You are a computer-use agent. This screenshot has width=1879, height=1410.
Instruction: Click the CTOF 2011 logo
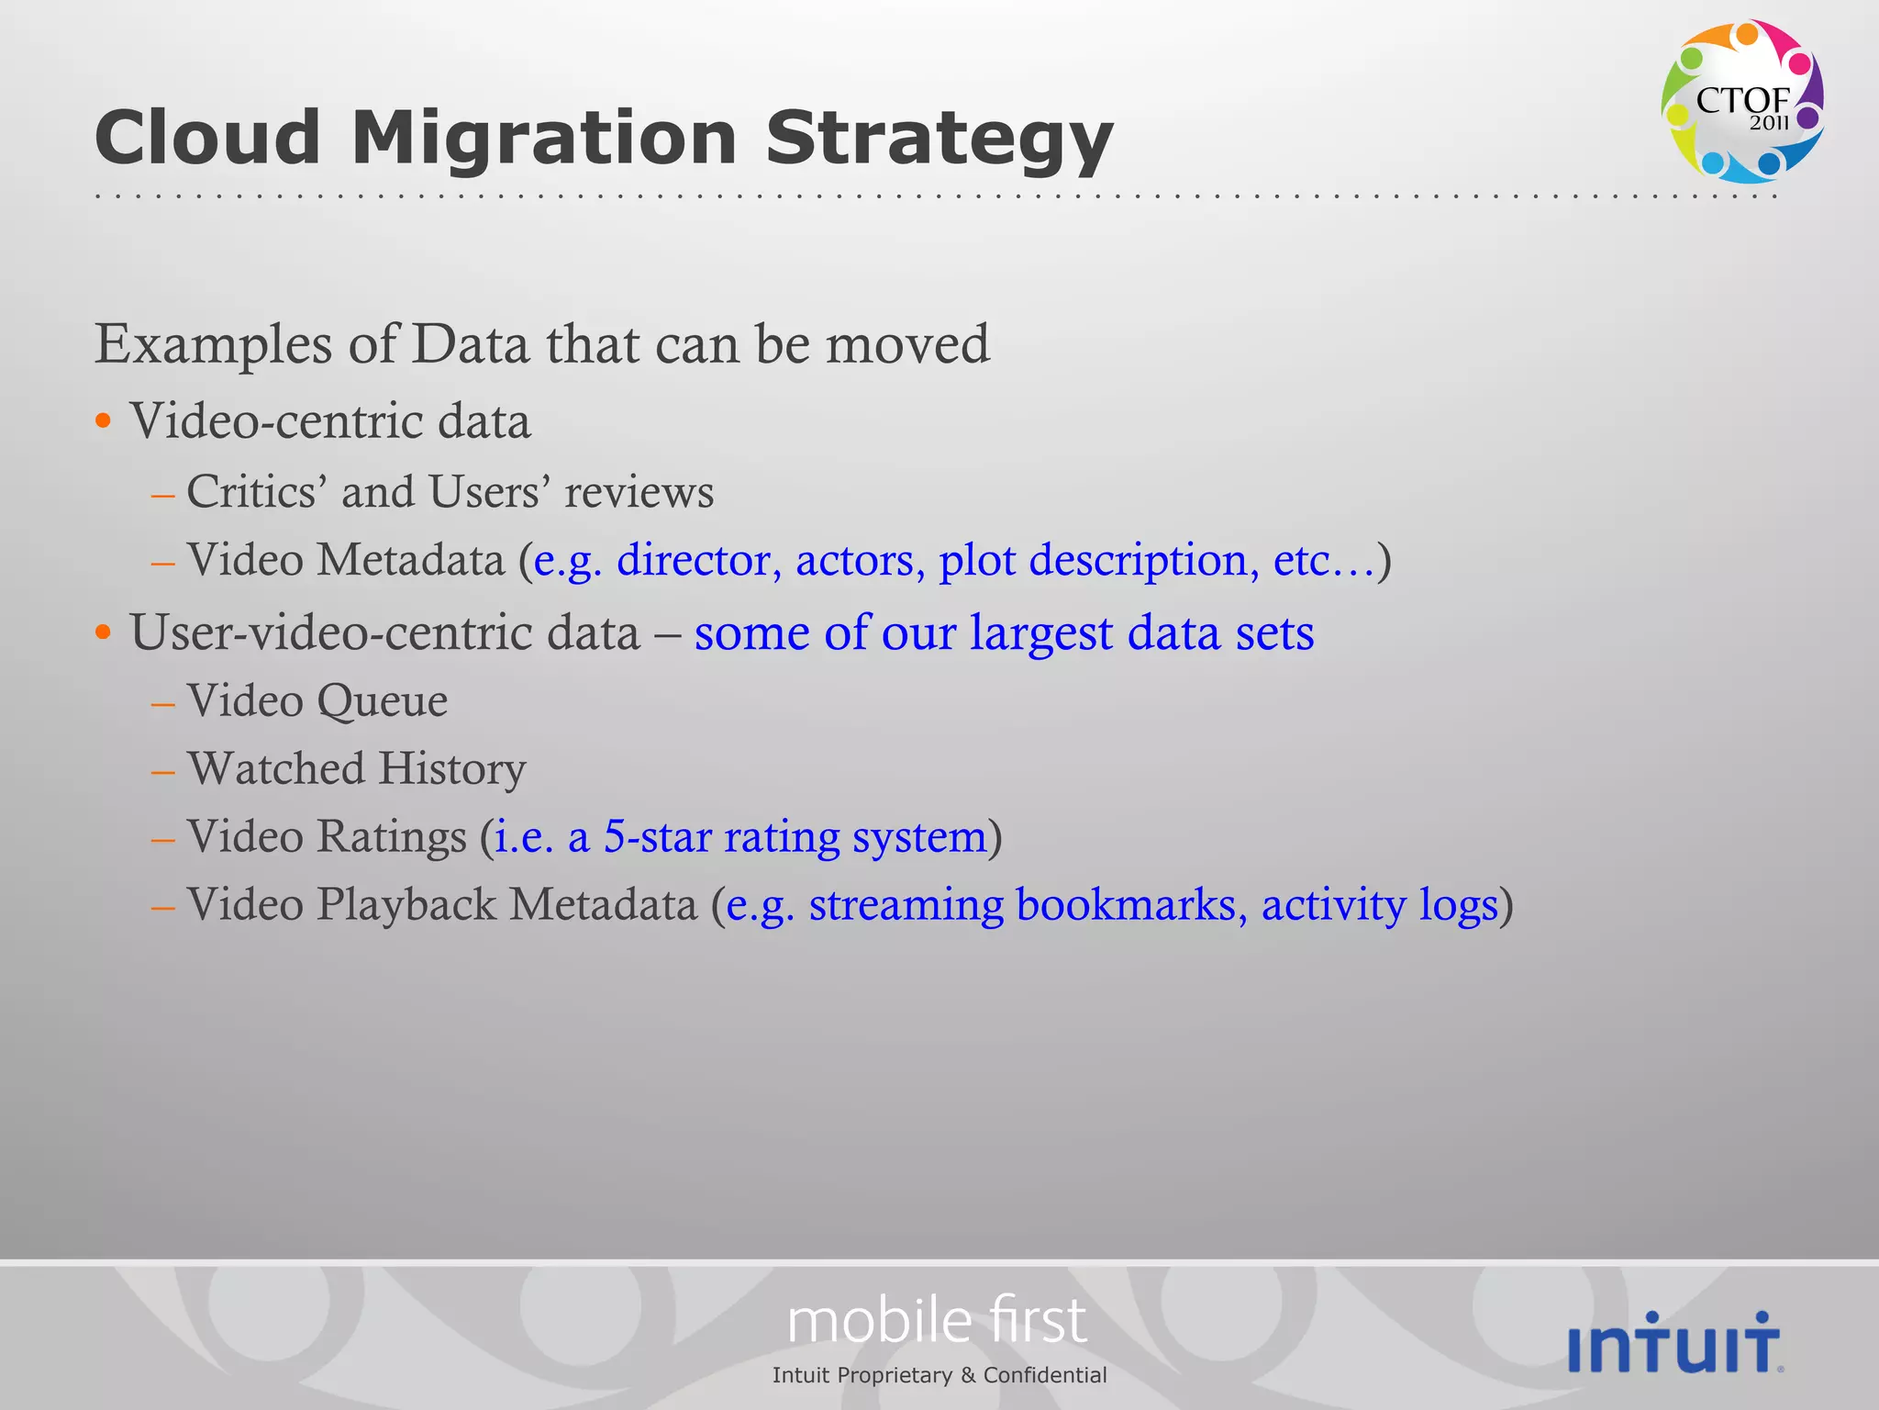(1741, 101)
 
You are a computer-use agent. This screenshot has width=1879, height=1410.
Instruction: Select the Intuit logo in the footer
(1675, 1343)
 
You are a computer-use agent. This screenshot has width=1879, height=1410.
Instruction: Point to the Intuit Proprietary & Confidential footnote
(939, 1375)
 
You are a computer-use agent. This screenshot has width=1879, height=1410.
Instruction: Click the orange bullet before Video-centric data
(104, 422)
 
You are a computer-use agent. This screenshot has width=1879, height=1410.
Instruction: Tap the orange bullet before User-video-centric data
(104, 632)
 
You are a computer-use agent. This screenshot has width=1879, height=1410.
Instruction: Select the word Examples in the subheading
(213, 346)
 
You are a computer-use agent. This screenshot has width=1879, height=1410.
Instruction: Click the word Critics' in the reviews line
(257, 492)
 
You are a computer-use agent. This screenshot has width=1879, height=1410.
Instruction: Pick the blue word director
(694, 560)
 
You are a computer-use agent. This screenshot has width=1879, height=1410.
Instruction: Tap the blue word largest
(1041, 632)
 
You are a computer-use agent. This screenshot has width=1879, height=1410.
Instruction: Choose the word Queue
(382, 701)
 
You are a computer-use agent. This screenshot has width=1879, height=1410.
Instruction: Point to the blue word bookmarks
(1130, 904)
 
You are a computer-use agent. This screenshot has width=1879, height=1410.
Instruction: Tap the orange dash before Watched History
(163, 771)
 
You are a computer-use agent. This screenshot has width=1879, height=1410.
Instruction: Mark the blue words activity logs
(1379, 904)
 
